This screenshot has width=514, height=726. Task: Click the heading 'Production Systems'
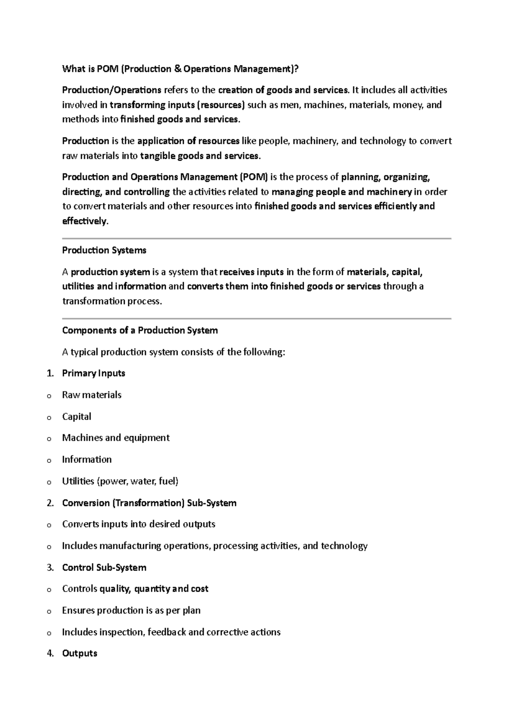104,250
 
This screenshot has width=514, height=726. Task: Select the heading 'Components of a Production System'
140,330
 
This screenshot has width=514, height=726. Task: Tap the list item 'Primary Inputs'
93,373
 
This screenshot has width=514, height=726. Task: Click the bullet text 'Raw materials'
92,395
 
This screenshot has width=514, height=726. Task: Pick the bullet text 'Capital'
77,417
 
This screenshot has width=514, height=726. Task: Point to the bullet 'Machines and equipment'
116,438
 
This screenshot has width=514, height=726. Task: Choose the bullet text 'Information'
87,460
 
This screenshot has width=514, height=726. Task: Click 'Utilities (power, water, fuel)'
120,481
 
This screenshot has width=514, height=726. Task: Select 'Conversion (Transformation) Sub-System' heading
149,503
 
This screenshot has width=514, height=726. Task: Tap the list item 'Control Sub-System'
104,568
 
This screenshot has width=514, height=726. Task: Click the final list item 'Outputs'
80,653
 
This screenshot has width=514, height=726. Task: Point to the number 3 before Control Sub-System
50,568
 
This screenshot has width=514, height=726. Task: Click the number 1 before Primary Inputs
50,373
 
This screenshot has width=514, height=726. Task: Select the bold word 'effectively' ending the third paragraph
84,221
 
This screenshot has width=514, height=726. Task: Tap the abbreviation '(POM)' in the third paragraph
254,177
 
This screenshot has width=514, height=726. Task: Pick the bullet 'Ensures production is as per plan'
131,610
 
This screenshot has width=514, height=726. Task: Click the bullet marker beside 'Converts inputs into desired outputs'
49,525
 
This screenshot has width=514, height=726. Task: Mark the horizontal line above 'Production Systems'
257,238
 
